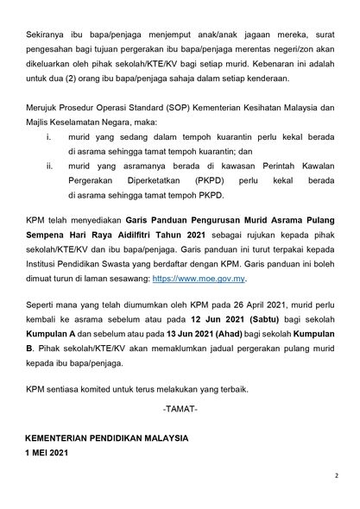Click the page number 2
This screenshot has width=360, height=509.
[337, 474]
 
